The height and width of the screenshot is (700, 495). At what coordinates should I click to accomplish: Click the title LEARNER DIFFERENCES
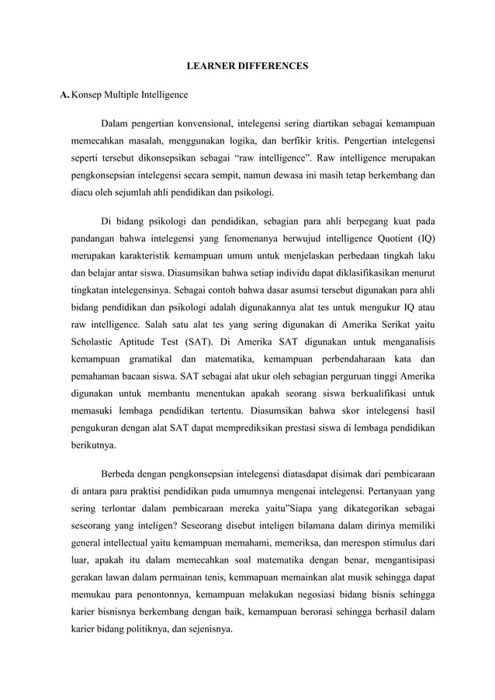point(247,68)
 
